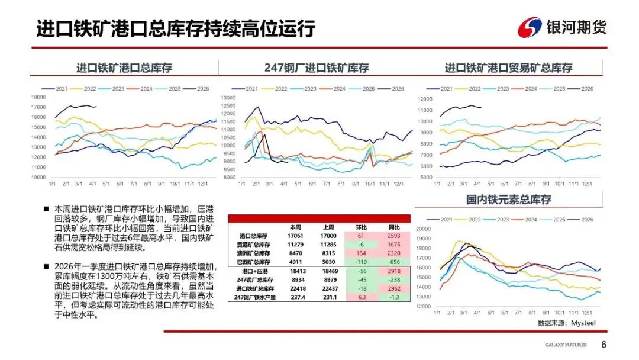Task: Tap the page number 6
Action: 603,345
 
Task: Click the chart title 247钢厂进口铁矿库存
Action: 316,68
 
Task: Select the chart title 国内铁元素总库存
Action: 508,200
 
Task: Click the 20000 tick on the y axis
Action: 425,229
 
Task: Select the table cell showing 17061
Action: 296,236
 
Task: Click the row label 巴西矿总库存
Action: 253,261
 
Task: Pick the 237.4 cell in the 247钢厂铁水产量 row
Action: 296,297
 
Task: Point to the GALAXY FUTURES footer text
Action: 566,346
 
